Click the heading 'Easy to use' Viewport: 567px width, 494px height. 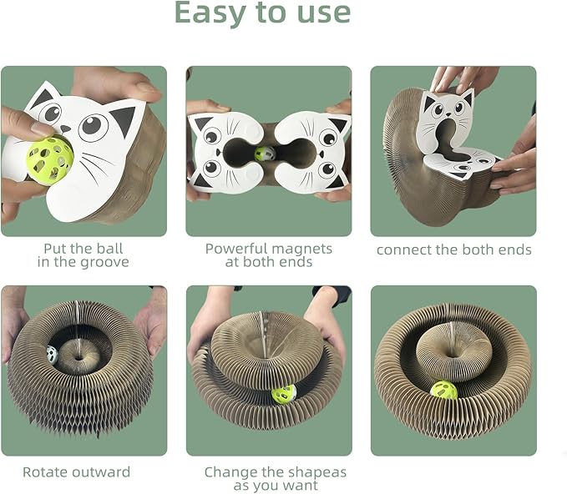pos(262,14)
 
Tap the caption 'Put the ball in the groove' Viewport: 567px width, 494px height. pos(83,255)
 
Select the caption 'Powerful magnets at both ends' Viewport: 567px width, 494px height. pos(268,255)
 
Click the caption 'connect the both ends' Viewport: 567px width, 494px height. pos(453,250)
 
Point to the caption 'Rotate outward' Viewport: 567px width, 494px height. pos(76,471)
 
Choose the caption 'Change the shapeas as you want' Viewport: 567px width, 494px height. pos(275,478)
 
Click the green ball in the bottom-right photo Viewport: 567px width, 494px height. pos(443,391)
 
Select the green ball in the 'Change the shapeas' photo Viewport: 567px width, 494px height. pos(284,393)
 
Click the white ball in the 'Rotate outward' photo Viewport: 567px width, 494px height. pos(52,354)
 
